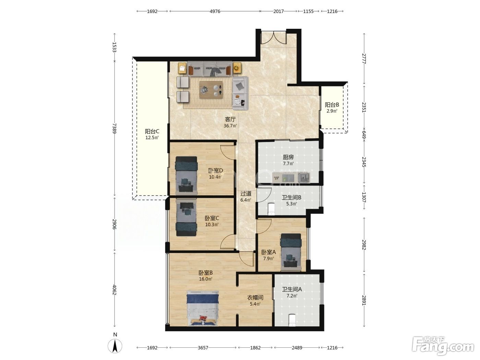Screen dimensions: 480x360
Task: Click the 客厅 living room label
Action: click(x=230, y=119)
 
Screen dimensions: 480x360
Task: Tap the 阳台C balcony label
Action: click(x=152, y=131)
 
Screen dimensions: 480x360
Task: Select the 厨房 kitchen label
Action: click(x=288, y=157)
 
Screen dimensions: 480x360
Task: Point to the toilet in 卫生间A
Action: click(x=292, y=321)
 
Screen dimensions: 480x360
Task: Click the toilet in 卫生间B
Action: click(x=271, y=208)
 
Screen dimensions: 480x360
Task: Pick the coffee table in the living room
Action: click(x=211, y=90)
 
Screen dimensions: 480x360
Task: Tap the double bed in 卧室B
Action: click(x=203, y=309)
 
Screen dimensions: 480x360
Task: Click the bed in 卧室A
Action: click(x=291, y=252)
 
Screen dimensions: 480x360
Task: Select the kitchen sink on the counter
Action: click(x=304, y=177)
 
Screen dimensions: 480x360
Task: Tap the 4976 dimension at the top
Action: click(x=215, y=11)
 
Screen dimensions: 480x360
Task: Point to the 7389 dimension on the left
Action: click(x=115, y=128)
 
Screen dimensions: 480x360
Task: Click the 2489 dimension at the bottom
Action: click(x=297, y=348)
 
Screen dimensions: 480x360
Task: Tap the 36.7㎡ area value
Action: click(x=230, y=126)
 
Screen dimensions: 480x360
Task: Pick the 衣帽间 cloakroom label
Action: click(x=255, y=298)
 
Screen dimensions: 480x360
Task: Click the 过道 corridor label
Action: click(x=246, y=193)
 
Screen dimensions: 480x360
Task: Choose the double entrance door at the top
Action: click(x=274, y=38)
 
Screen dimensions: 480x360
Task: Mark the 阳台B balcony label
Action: click(x=332, y=105)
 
